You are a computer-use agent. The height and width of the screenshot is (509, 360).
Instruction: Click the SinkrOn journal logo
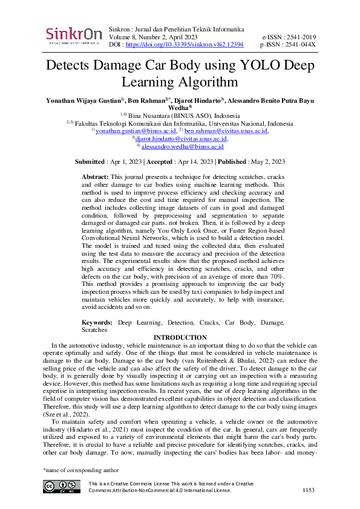tap(73, 35)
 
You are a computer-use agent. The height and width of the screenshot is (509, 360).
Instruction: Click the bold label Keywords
tap(97, 323)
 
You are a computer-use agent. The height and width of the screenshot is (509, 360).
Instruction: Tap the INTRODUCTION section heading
tap(180, 337)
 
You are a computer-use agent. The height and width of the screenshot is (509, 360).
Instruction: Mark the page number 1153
tap(309, 490)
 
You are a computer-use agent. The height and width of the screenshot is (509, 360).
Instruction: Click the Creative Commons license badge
tap(62, 487)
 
